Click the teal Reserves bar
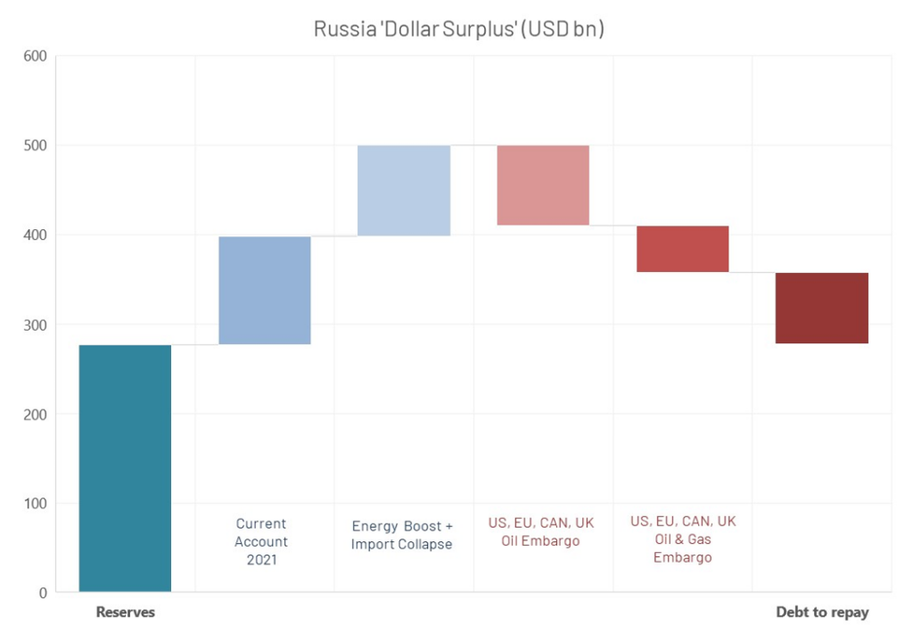click(125, 468)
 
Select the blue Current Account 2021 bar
click(265, 291)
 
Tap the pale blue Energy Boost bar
click(404, 190)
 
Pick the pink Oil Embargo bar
click(543, 185)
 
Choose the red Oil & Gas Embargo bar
click(682, 249)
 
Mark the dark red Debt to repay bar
click(821, 308)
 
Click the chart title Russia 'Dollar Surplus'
click(459, 29)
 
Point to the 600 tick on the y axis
click(35, 56)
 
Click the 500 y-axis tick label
click(35, 145)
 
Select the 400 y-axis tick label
click(35, 235)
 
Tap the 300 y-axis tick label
click(35, 325)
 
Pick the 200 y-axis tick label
click(35, 414)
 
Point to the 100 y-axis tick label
click(35, 504)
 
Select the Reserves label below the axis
click(125, 613)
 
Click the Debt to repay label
click(821, 613)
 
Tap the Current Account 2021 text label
click(261, 541)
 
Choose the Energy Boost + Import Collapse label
click(402, 535)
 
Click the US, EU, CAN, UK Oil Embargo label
click(540, 531)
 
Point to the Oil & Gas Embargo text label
click(683, 539)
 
